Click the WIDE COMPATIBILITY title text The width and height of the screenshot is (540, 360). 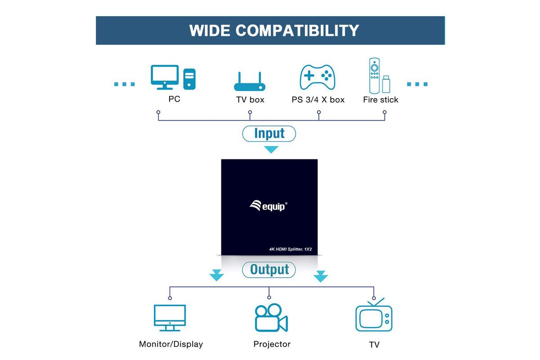click(274, 31)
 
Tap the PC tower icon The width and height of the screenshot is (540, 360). click(189, 79)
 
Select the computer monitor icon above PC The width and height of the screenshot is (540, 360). click(165, 77)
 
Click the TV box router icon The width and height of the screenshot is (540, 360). click(250, 81)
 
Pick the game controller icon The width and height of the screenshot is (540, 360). click(317, 77)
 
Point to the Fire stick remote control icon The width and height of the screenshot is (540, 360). click(374, 76)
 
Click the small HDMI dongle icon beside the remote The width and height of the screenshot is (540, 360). click(386, 84)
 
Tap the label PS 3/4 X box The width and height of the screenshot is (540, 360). click(318, 99)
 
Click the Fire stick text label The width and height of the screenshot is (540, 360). click(381, 99)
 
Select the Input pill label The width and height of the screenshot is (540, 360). click(269, 134)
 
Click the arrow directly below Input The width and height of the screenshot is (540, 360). click(271, 149)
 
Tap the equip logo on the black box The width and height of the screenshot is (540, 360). click(268, 206)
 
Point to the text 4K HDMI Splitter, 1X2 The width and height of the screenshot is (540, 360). click(290, 249)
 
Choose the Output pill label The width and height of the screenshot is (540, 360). click(269, 270)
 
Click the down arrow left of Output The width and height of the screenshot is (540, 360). click(216, 275)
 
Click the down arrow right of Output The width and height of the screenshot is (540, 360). click(320, 276)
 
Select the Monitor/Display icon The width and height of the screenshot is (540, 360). click(170, 318)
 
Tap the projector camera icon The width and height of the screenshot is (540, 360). click(271, 318)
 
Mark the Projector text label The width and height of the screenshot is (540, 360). click(272, 344)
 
